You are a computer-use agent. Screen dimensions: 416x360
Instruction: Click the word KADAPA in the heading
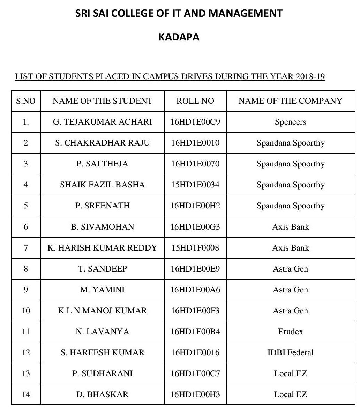(x=179, y=37)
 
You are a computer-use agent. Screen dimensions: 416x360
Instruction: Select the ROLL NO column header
(x=195, y=101)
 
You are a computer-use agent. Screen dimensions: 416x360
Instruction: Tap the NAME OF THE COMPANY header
(x=290, y=101)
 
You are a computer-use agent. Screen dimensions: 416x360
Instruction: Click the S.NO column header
(x=26, y=101)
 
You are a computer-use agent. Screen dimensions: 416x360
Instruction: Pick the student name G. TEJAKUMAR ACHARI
(x=103, y=122)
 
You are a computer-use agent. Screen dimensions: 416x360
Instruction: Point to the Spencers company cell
(x=290, y=122)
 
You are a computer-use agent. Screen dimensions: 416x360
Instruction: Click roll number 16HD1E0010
(x=195, y=143)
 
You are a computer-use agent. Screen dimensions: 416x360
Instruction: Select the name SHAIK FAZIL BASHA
(x=102, y=185)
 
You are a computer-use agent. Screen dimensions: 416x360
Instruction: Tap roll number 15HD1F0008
(x=195, y=248)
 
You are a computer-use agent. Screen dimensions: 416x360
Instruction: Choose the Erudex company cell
(x=290, y=332)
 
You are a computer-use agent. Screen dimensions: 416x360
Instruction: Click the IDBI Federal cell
(x=290, y=352)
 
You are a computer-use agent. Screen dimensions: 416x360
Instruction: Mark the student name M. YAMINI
(x=102, y=290)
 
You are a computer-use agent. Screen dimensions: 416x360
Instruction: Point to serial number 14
(x=26, y=394)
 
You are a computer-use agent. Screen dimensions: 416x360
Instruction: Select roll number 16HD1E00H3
(x=195, y=394)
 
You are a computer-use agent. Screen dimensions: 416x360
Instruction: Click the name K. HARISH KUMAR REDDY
(x=102, y=248)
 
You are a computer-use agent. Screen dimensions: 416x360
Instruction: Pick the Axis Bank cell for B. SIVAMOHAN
(x=290, y=227)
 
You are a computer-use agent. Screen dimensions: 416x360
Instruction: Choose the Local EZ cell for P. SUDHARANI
(x=290, y=373)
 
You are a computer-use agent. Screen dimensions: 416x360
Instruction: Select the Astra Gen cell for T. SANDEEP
(x=290, y=269)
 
